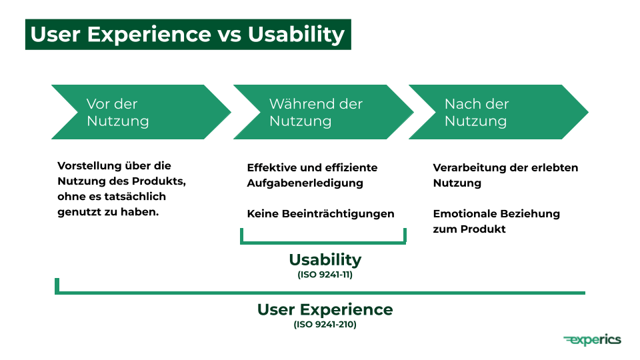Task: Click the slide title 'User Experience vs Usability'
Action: (x=187, y=34)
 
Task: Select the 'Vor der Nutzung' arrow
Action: (x=133, y=112)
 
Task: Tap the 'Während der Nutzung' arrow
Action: (x=316, y=112)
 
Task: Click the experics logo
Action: (x=592, y=340)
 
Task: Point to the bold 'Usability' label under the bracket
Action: (x=325, y=259)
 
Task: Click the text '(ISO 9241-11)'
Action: (x=325, y=274)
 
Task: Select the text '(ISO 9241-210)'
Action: (x=325, y=325)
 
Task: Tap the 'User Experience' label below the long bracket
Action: (x=325, y=309)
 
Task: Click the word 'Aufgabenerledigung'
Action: (x=305, y=183)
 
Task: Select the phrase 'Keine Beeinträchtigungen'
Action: (x=321, y=214)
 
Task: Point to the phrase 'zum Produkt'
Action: (x=469, y=229)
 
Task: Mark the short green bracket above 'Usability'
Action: (x=323, y=242)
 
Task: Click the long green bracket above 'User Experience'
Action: (x=320, y=291)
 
